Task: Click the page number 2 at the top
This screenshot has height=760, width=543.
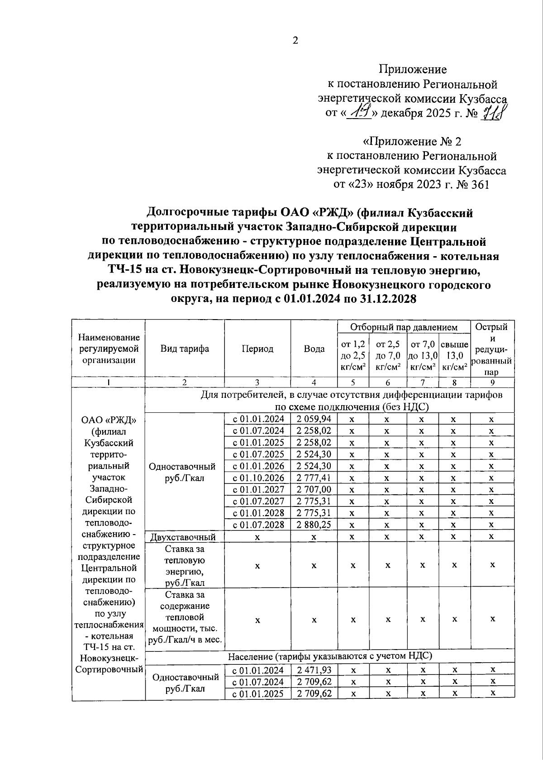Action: tap(295, 40)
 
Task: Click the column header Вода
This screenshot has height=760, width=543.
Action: tap(314, 349)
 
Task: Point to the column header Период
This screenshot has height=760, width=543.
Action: tap(257, 349)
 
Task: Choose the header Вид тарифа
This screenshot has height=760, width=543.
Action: tap(185, 349)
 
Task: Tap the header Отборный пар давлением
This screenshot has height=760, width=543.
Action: tap(404, 327)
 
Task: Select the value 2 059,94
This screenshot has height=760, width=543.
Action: tap(314, 419)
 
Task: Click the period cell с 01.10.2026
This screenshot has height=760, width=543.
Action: tap(258, 478)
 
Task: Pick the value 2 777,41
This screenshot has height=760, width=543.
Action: tap(314, 478)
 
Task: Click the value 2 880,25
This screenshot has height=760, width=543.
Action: tap(314, 525)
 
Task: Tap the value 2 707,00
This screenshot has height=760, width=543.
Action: tap(314, 489)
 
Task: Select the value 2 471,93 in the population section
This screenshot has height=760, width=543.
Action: tap(314, 670)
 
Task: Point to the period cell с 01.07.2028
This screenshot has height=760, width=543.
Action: tap(258, 525)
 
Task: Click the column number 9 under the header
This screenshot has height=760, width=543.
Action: tap(492, 382)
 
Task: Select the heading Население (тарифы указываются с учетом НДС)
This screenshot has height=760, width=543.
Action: tap(330, 655)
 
